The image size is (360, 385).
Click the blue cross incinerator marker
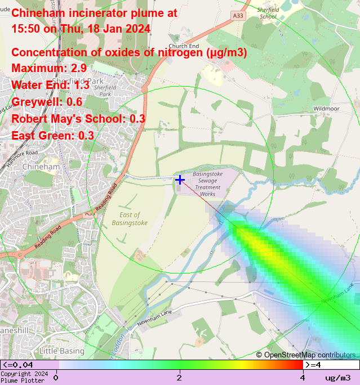tap(180, 180)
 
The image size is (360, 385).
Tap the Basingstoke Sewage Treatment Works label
tap(208, 184)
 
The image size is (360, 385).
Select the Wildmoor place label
tap(325, 108)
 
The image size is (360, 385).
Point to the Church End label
tap(184, 46)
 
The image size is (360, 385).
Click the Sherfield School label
tap(268, 14)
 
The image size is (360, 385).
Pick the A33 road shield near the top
tap(239, 16)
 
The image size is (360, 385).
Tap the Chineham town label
tap(41, 167)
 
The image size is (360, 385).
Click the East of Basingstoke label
tap(130, 219)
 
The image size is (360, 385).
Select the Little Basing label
tap(61, 351)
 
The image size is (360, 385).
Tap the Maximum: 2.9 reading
tap(49, 69)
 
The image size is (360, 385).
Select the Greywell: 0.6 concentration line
tap(47, 102)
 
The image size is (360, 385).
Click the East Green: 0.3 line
tap(52, 136)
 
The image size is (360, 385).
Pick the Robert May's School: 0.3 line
tap(78, 119)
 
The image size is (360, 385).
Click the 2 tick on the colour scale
tap(179, 377)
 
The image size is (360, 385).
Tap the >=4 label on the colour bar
tap(313, 365)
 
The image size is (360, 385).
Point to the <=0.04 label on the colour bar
tap(17, 365)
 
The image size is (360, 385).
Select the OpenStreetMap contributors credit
tap(306, 355)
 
